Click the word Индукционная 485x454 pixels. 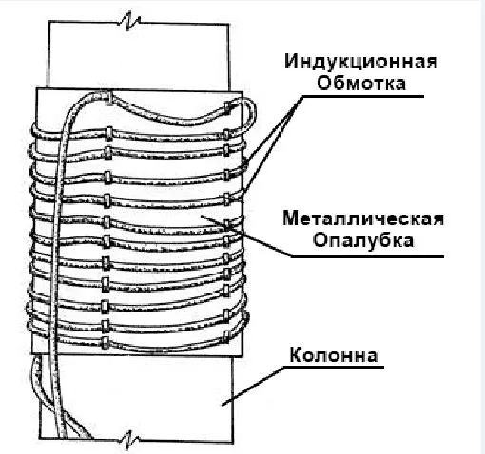[361, 61]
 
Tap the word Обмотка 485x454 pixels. [361, 84]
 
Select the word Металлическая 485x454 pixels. [363, 218]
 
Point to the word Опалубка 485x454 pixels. [363, 240]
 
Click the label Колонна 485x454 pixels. [334, 355]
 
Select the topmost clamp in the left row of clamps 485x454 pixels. [108, 98]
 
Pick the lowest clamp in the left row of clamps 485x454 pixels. [106, 343]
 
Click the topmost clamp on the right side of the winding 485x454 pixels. [228, 107]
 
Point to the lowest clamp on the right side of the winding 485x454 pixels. [226, 337]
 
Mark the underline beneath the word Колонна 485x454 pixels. [334, 368]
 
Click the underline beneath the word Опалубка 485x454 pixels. [368, 256]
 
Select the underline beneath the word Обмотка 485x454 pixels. [363, 96]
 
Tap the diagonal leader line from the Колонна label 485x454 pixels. [253, 387]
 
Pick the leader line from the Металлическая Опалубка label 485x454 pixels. [246, 236]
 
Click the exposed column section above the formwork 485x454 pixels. [139, 54]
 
